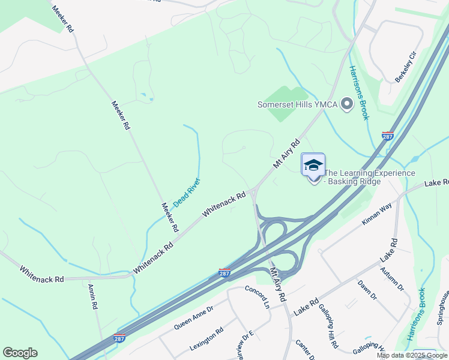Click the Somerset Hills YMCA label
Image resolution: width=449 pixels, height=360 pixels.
coord(297,104)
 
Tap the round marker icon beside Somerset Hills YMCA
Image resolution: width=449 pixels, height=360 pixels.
coord(346,104)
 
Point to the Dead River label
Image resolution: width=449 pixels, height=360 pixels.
coord(187,193)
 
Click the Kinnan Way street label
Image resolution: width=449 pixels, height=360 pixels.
coord(376,214)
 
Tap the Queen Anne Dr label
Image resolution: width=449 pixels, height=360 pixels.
coord(193,317)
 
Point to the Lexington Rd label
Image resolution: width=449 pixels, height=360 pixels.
coord(206,339)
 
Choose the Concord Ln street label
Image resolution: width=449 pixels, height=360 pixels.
coord(257,296)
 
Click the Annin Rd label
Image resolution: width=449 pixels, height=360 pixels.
coord(93,296)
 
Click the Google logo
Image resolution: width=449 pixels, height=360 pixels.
coord(20,353)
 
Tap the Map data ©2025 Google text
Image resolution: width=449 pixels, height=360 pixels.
coord(412,355)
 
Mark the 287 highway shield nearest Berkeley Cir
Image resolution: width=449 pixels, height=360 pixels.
coord(388,136)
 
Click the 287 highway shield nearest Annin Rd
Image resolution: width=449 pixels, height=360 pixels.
coord(119,340)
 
